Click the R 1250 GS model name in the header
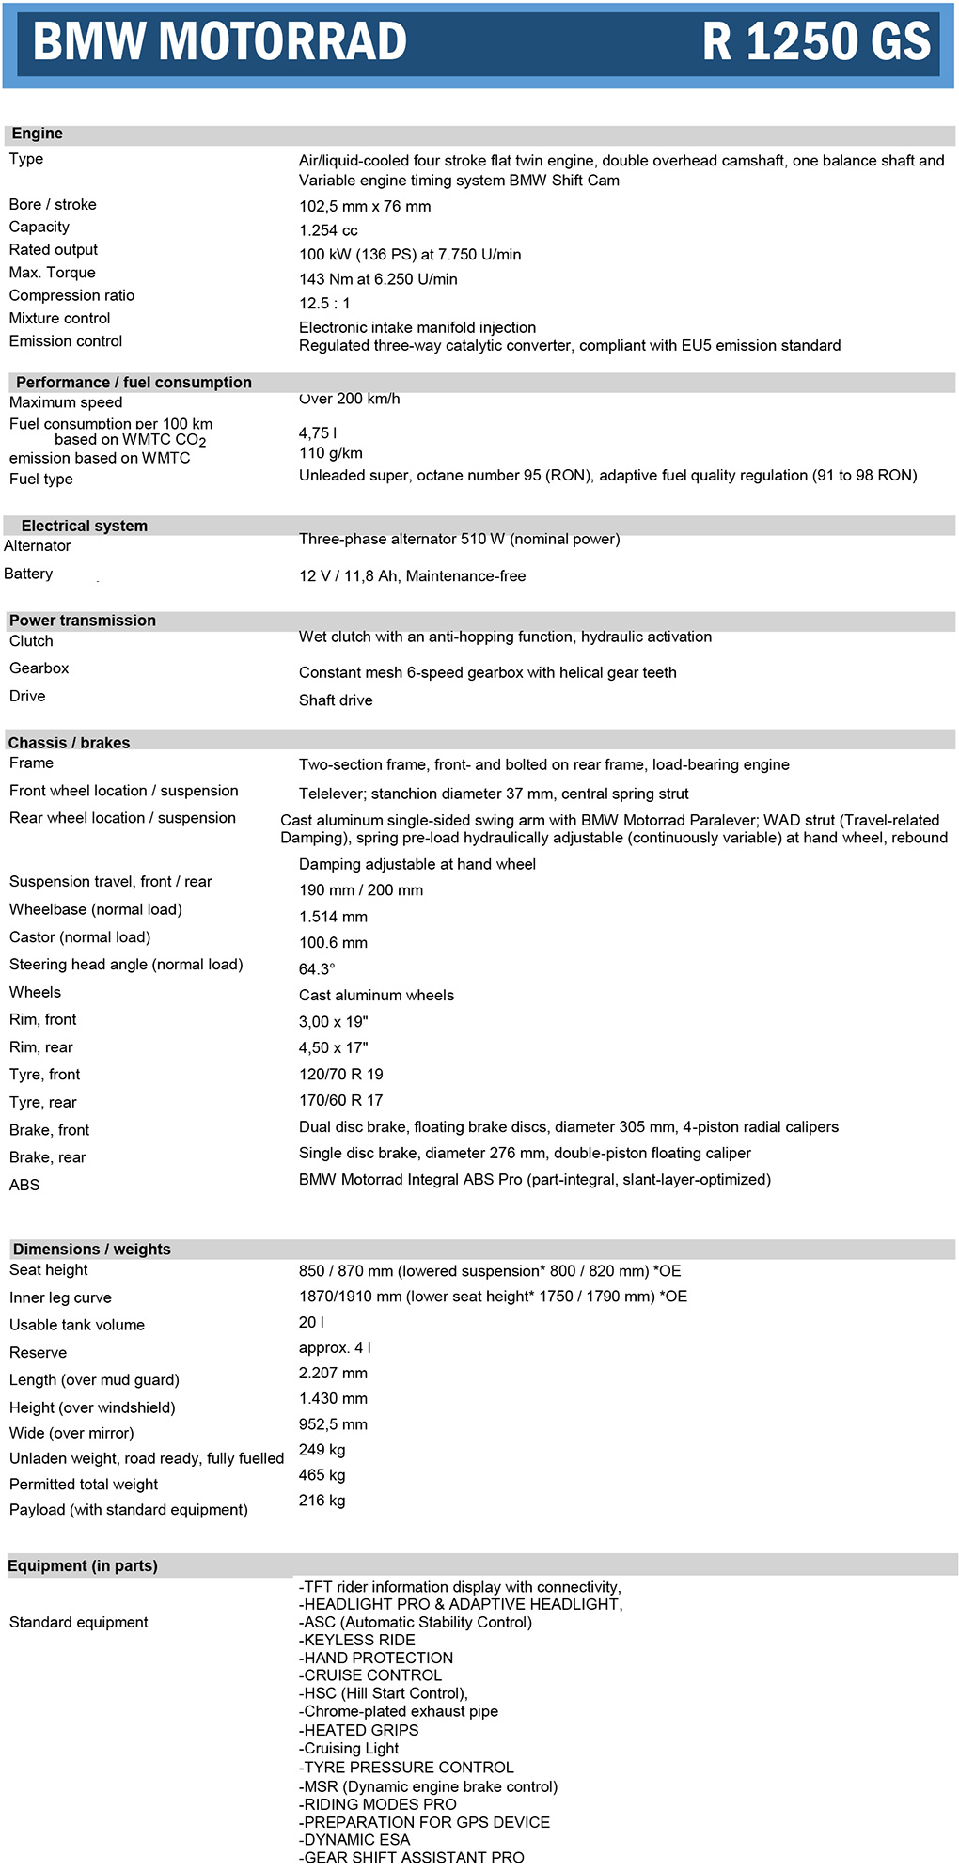(816, 42)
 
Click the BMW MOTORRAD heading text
(220, 42)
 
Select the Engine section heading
(38, 134)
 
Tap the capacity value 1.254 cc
(328, 230)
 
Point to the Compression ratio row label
(71, 295)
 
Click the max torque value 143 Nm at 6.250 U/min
(378, 279)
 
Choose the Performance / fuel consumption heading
(134, 382)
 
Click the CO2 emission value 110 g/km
(330, 453)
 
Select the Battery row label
(28, 574)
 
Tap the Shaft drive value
(336, 700)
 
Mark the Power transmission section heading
(83, 621)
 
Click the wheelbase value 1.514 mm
(333, 917)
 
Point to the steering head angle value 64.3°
(317, 969)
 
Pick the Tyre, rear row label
(43, 1102)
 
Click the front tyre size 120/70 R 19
(340, 1075)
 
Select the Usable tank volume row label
(77, 1325)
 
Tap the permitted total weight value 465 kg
(322, 1475)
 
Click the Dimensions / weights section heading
(92, 1249)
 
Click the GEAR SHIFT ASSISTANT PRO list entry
(411, 1857)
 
